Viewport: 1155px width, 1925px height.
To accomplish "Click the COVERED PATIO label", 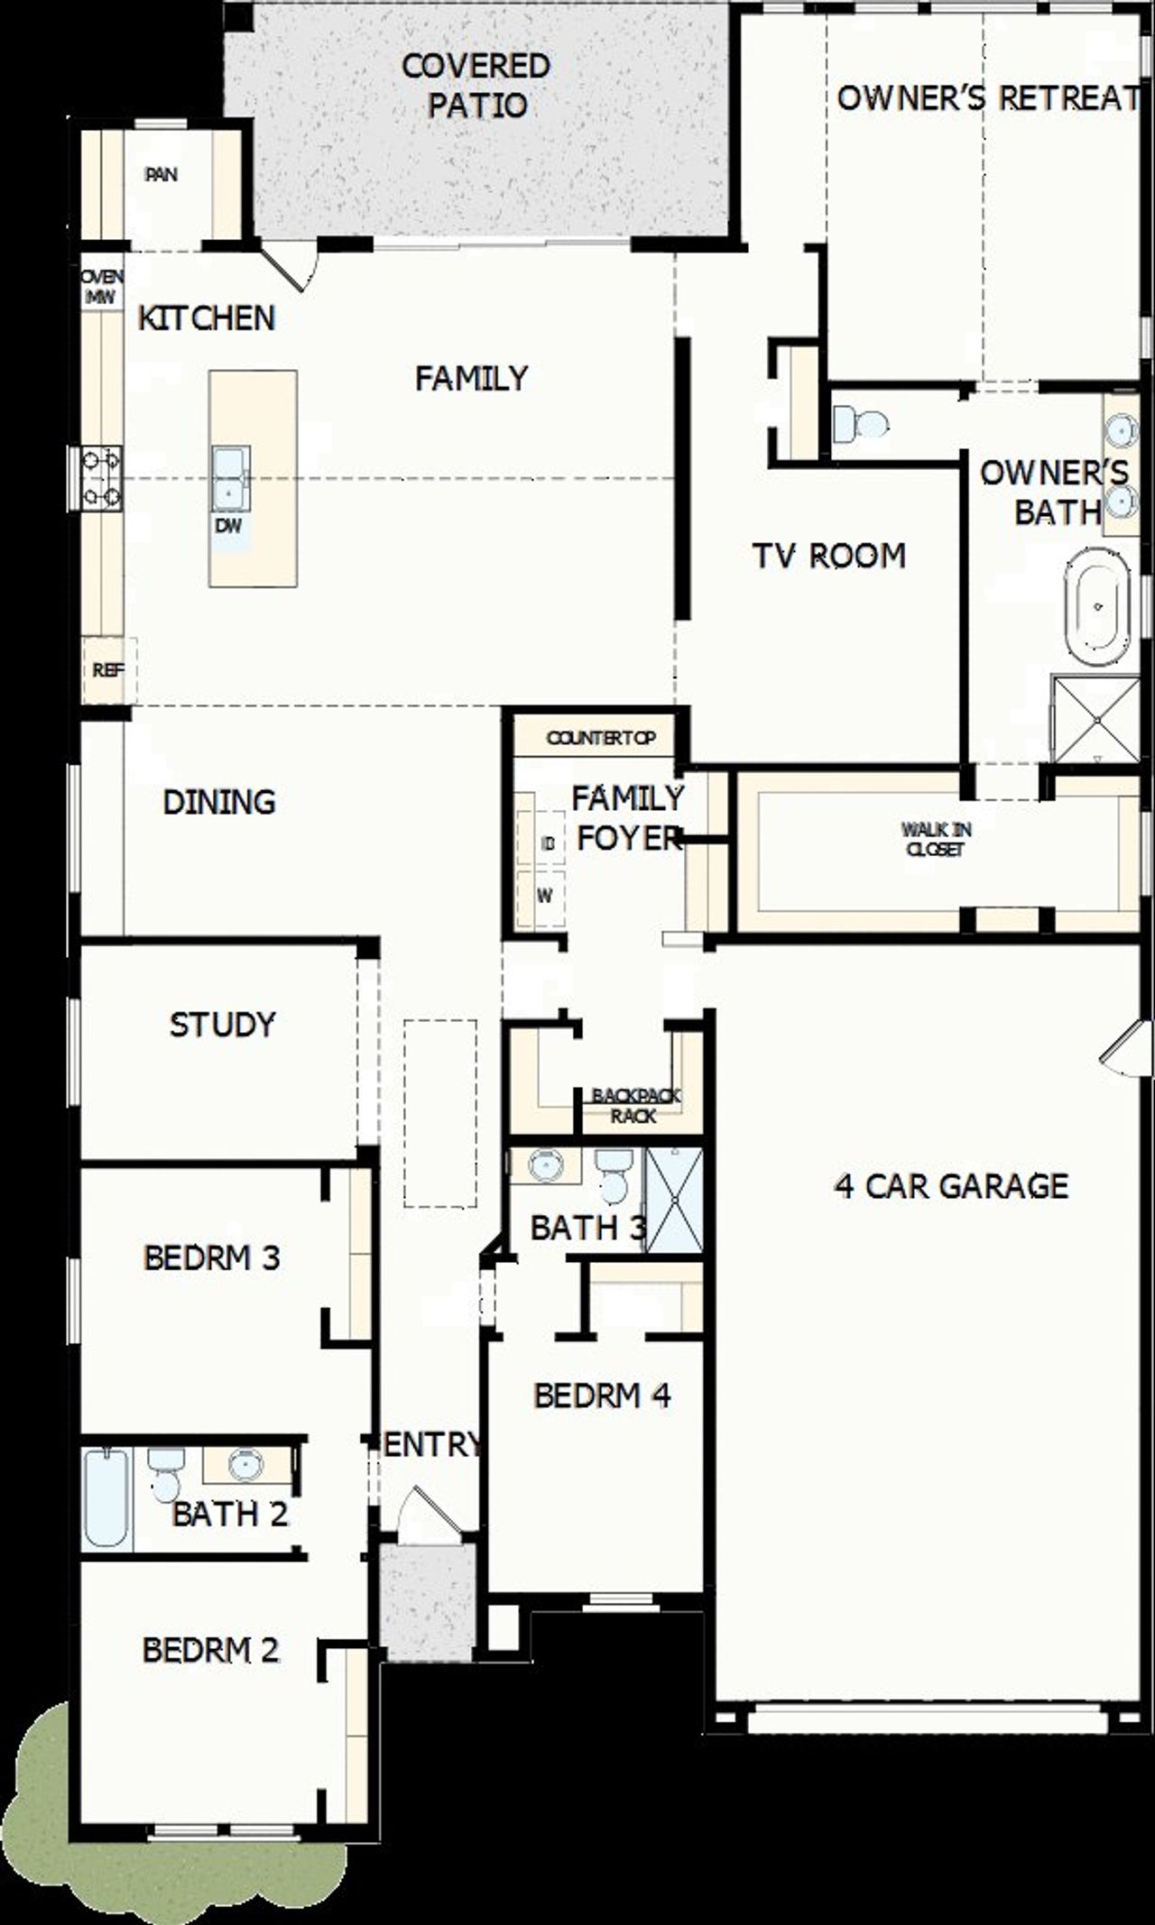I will coord(476,86).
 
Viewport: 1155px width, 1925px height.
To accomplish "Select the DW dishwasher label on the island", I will coord(228,526).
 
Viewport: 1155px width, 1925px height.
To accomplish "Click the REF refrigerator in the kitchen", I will coord(107,670).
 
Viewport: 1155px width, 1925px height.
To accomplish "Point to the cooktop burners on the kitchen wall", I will coord(101,478).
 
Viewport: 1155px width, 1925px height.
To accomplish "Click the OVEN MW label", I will coord(101,287).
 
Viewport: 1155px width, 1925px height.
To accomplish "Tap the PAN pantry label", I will coord(162,174).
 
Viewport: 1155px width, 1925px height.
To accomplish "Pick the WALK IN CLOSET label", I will coord(936,839).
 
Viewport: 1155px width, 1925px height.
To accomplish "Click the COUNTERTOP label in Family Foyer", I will coord(600,739).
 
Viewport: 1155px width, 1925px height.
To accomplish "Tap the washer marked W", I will coord(544,896).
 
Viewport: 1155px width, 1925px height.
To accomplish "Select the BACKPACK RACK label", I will coord(635,1105).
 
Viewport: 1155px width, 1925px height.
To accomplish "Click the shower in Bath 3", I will coord(675,1200).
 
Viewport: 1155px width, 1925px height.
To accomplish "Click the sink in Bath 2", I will coord(245,1464).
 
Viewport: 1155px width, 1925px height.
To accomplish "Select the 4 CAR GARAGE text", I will coord(951,1185).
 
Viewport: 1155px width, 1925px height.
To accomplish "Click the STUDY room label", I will coord(222,1025).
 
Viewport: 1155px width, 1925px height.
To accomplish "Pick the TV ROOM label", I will coord(828,556).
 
